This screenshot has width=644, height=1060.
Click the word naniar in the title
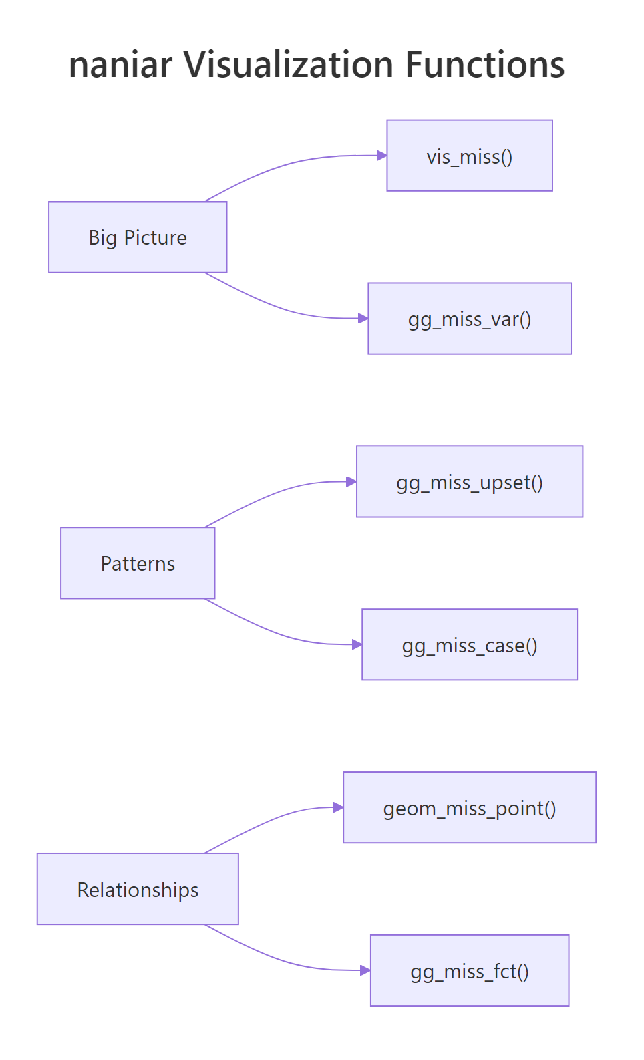coord(120,65)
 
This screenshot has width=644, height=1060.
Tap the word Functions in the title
coord(485,65)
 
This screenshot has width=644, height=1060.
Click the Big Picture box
coord(138,237)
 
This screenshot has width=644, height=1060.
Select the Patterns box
coord(138,563)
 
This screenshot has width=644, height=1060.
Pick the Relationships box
coord(138,889)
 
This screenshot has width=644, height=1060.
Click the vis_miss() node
coord(470,156)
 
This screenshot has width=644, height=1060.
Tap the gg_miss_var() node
coord(470,319)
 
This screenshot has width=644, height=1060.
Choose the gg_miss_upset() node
coord(470,482)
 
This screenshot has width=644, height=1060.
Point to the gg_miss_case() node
coord(470,645)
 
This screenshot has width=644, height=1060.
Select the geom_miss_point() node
coord(470,808)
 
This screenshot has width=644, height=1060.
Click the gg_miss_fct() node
coord(470,970)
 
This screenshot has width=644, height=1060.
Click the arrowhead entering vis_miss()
coord(382,156)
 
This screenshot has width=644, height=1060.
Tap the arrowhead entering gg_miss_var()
coord(363,319)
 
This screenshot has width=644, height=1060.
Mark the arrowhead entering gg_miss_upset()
coord(351,481)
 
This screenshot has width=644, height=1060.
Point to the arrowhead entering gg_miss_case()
coord(357,644)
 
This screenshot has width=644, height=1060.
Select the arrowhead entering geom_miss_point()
coord(338,807)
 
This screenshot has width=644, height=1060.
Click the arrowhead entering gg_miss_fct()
coord(365,970)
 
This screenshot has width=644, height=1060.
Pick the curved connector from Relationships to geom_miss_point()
coord(267,823)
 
